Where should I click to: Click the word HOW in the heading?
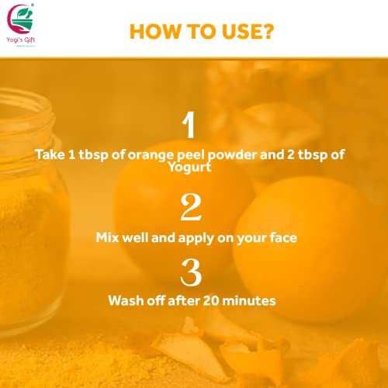click(x=150, y=32)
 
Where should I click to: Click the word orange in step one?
click(x=142, y=154)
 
